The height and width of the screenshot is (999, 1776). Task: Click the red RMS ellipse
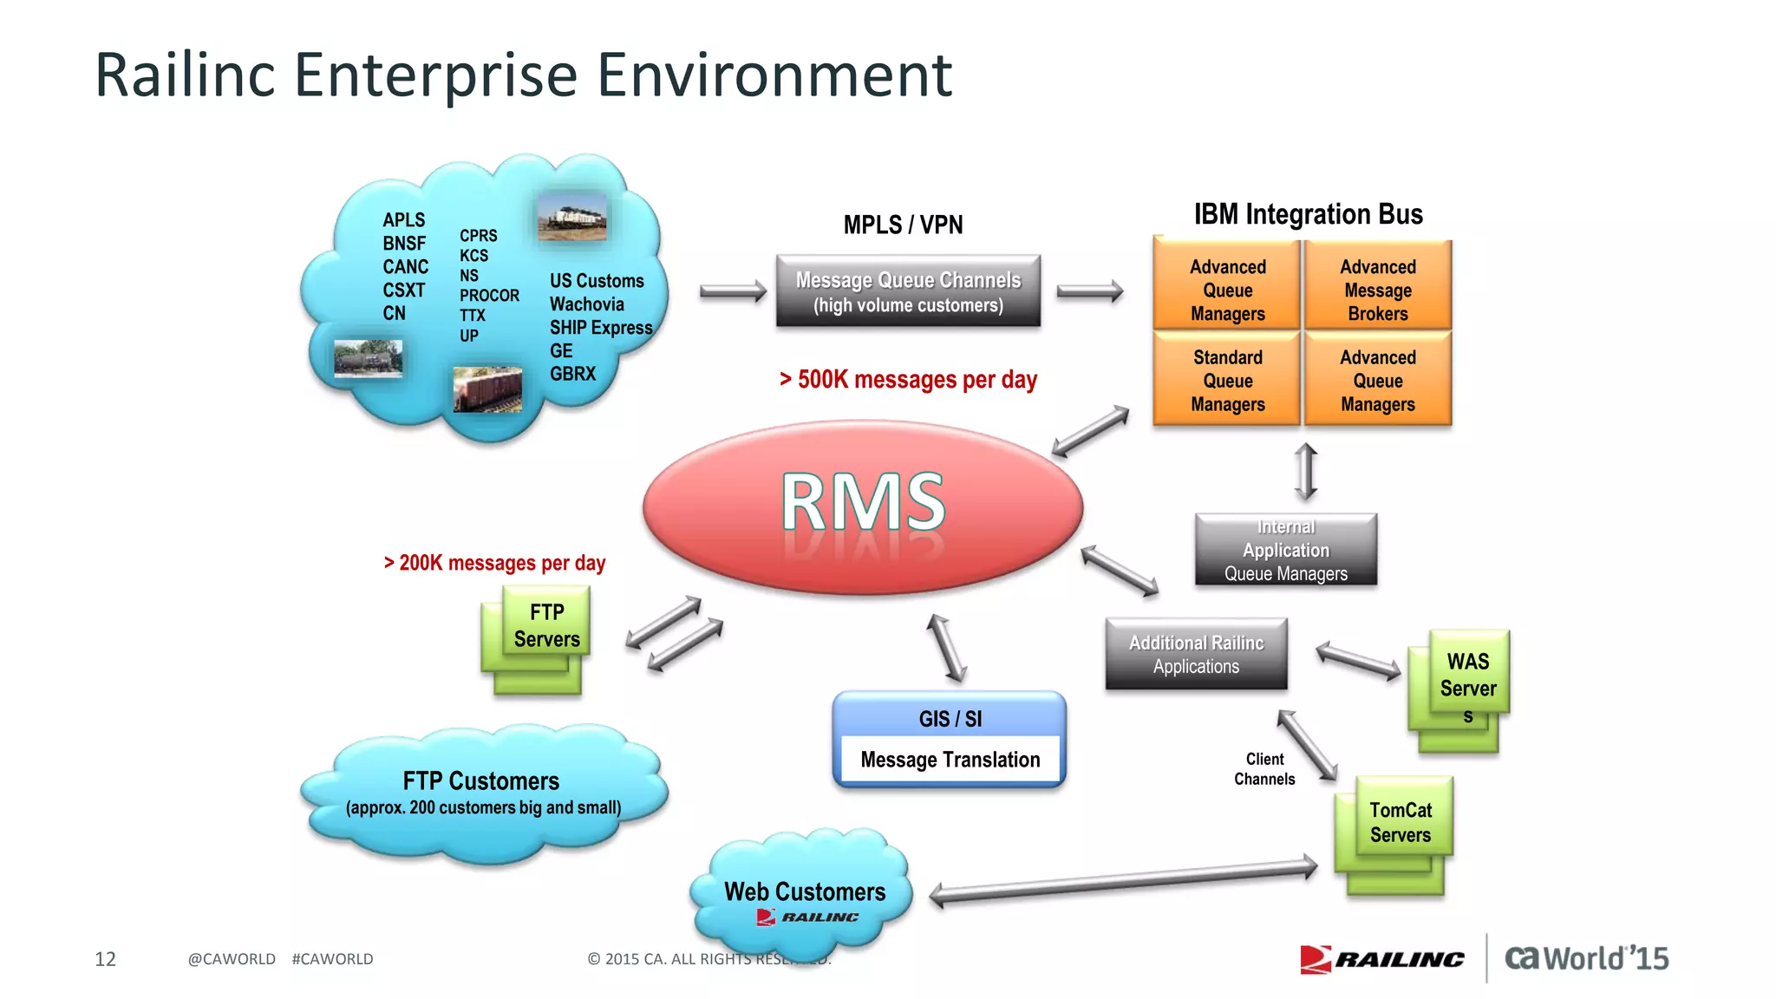click(x=863, y=507)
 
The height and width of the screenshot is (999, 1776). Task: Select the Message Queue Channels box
click(x=908, y=291)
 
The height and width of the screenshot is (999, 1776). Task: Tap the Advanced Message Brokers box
click(x=1377, y=290)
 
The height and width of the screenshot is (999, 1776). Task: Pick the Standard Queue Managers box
click(x=1227, y=380)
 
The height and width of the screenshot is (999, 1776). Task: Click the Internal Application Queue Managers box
click(x=1285, y=550)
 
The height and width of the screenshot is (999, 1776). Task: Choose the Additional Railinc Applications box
click(x=1196, y=654)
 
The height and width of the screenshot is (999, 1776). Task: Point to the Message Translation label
click(x=950, y=760)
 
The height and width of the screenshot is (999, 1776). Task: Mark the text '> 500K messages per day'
click(x=908, y=380)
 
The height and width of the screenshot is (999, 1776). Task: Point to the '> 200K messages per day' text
click(x=494, y=563)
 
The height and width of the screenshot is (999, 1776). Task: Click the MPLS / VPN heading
click(x=903, y=225)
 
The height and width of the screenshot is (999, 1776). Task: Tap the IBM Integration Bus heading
click(x=1308, y=214)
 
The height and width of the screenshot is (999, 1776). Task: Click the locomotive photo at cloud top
click(x=571, y=217)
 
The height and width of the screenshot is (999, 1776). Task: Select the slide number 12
click(x=105, y=959)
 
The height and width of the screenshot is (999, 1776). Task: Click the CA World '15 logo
click(x=1586, y=958)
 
